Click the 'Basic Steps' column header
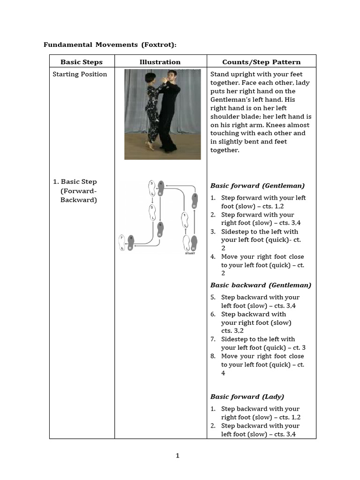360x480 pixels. point(82,62)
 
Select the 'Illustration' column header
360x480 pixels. point(160,62)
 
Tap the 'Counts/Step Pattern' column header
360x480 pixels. point(261,62)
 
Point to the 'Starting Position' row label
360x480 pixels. point(80,74)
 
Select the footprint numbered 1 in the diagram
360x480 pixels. point(185,219)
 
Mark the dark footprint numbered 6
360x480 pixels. point(161,230)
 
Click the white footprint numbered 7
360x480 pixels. point(123,242)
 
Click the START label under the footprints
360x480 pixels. point(190,254)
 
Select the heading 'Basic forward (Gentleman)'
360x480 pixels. point(257,186)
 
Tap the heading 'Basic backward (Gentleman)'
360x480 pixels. point(261,285)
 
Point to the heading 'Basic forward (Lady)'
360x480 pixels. point(247,397)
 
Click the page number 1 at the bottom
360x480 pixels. point(178,456)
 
